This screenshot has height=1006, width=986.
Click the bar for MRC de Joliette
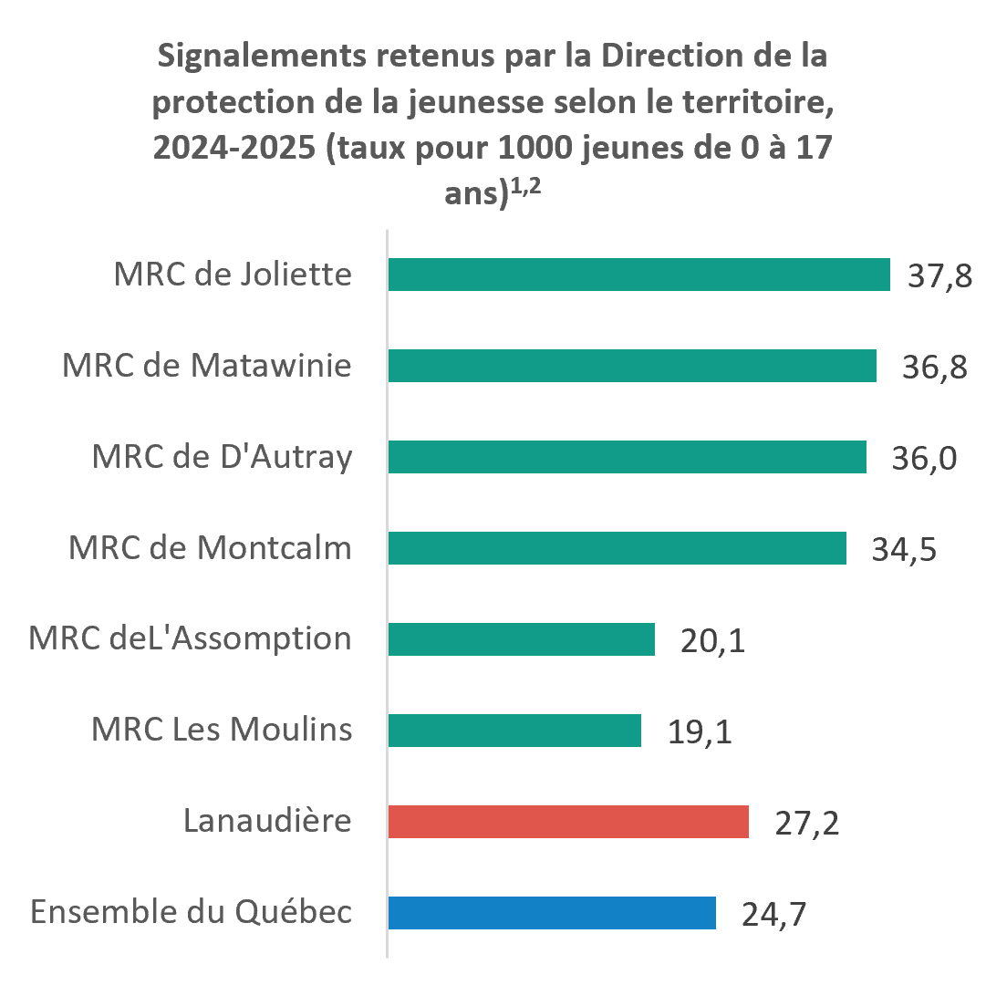(639, 275)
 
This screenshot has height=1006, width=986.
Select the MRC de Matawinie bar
(632, 366)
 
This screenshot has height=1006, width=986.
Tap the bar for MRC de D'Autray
(628, 457)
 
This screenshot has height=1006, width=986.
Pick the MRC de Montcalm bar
(618, 548)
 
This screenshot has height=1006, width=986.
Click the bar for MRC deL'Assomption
(522, 639)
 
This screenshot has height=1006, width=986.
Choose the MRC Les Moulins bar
(514, 731)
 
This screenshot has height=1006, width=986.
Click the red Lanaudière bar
(568, 821)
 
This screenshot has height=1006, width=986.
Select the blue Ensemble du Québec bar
(552, 912)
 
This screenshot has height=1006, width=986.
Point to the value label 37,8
(939, 276)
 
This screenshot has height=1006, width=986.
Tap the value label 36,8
(935, 368)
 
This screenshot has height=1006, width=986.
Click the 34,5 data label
(904, 550)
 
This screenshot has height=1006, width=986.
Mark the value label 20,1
(712, 641)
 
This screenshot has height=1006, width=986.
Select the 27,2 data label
(807, 824)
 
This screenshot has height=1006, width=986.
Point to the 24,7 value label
(773, 914)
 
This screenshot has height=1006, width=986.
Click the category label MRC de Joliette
(233, 274)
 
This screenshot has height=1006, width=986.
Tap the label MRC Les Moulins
(222, 729)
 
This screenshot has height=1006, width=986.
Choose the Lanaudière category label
(267, 820)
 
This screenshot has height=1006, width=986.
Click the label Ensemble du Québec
(192, 912)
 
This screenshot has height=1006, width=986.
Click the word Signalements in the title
(263, 57)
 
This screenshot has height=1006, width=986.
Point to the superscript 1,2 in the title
(525, 186)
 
